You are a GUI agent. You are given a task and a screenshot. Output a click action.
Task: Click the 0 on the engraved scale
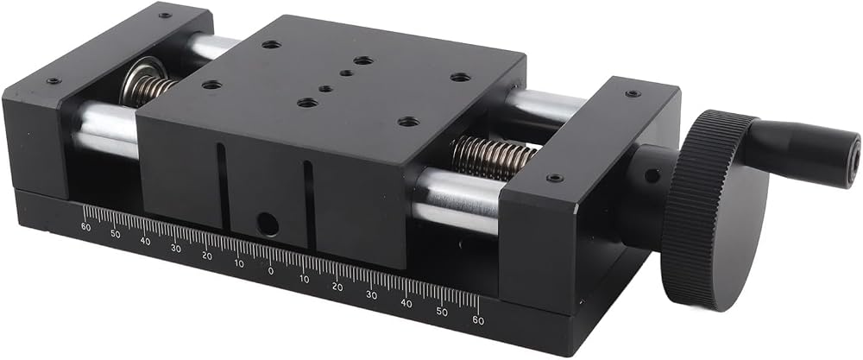tap(270, 271)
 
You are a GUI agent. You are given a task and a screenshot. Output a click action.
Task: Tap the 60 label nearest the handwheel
tap(478, 320)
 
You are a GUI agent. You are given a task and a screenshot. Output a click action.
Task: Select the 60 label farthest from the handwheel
tap(85, 227)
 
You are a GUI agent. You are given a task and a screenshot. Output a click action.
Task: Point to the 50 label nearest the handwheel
tap(442, 312)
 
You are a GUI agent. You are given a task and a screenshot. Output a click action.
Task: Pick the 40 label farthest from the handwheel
tap(145, 241)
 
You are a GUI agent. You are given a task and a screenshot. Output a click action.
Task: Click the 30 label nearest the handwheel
tap(371, 295)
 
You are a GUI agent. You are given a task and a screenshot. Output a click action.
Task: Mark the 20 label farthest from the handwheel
tap(207, 256)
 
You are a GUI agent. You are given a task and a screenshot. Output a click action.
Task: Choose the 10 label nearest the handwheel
tap(305, 279)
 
